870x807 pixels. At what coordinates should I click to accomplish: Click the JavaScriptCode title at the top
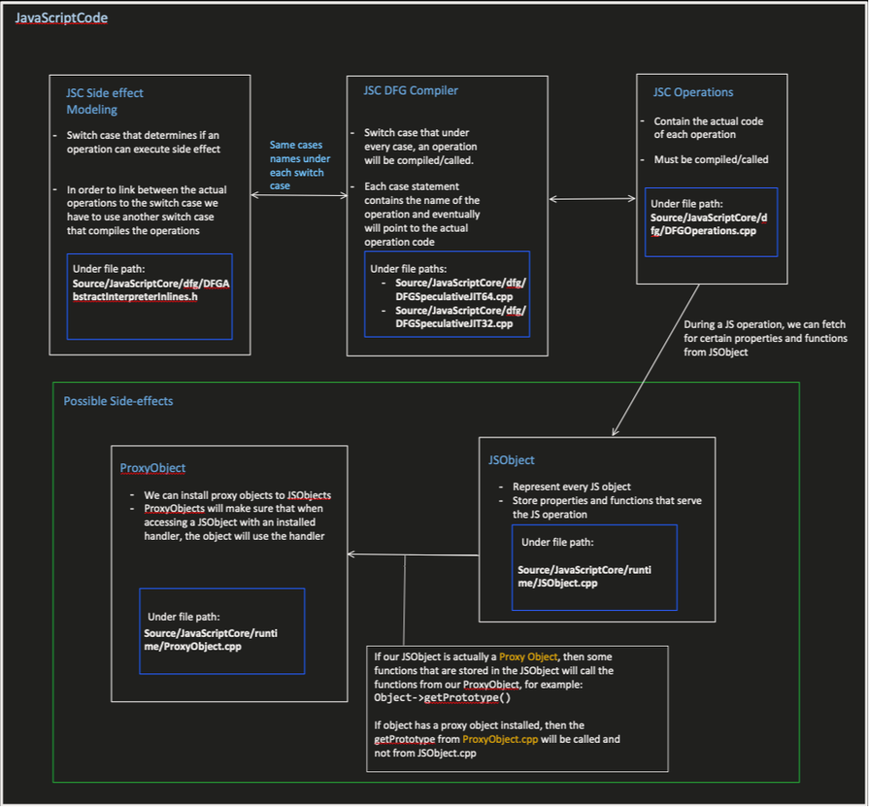point(61,18)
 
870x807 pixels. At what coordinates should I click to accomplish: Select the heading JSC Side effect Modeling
point(105,101)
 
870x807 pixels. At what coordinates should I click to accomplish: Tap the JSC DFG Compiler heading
point(411,91)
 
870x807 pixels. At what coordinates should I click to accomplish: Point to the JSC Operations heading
point(693,92)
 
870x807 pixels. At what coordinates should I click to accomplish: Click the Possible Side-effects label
point(118,401)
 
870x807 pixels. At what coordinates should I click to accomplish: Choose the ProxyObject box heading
point(152,468)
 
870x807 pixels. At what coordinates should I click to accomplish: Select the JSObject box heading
point(511,461)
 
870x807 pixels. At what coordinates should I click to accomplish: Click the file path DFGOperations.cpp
point(709,224)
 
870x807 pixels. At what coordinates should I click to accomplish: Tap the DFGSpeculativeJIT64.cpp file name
point(454,297)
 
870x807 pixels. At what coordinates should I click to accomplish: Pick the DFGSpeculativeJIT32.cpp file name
point(454,323)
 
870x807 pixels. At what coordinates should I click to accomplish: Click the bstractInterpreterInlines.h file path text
point(134,297)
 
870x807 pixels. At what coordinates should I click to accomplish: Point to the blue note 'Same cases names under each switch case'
point(299,166)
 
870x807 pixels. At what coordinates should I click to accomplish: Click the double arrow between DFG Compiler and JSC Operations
point(592,199)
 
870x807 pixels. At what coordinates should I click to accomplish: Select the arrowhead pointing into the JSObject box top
point(614,431)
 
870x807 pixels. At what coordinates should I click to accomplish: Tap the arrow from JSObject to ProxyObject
point(413,554)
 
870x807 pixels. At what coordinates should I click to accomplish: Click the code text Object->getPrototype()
point(443,697)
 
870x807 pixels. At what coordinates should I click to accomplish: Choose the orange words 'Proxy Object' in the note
point(528,656)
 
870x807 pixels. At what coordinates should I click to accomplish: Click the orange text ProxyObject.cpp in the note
point(500,739)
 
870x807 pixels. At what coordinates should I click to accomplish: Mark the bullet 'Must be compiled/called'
point(711,159)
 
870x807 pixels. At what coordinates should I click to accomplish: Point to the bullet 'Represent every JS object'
point(572,486)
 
